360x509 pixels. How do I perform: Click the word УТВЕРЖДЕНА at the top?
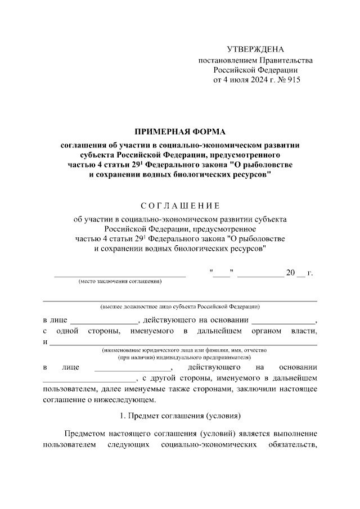tap(256, 49)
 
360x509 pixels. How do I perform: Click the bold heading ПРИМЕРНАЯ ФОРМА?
tap(180, 130)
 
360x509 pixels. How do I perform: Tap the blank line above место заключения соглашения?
tap(120, 276)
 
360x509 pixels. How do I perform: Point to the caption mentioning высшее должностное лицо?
tap(180, 307)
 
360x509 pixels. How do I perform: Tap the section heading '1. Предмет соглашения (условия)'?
tap(180, 417)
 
